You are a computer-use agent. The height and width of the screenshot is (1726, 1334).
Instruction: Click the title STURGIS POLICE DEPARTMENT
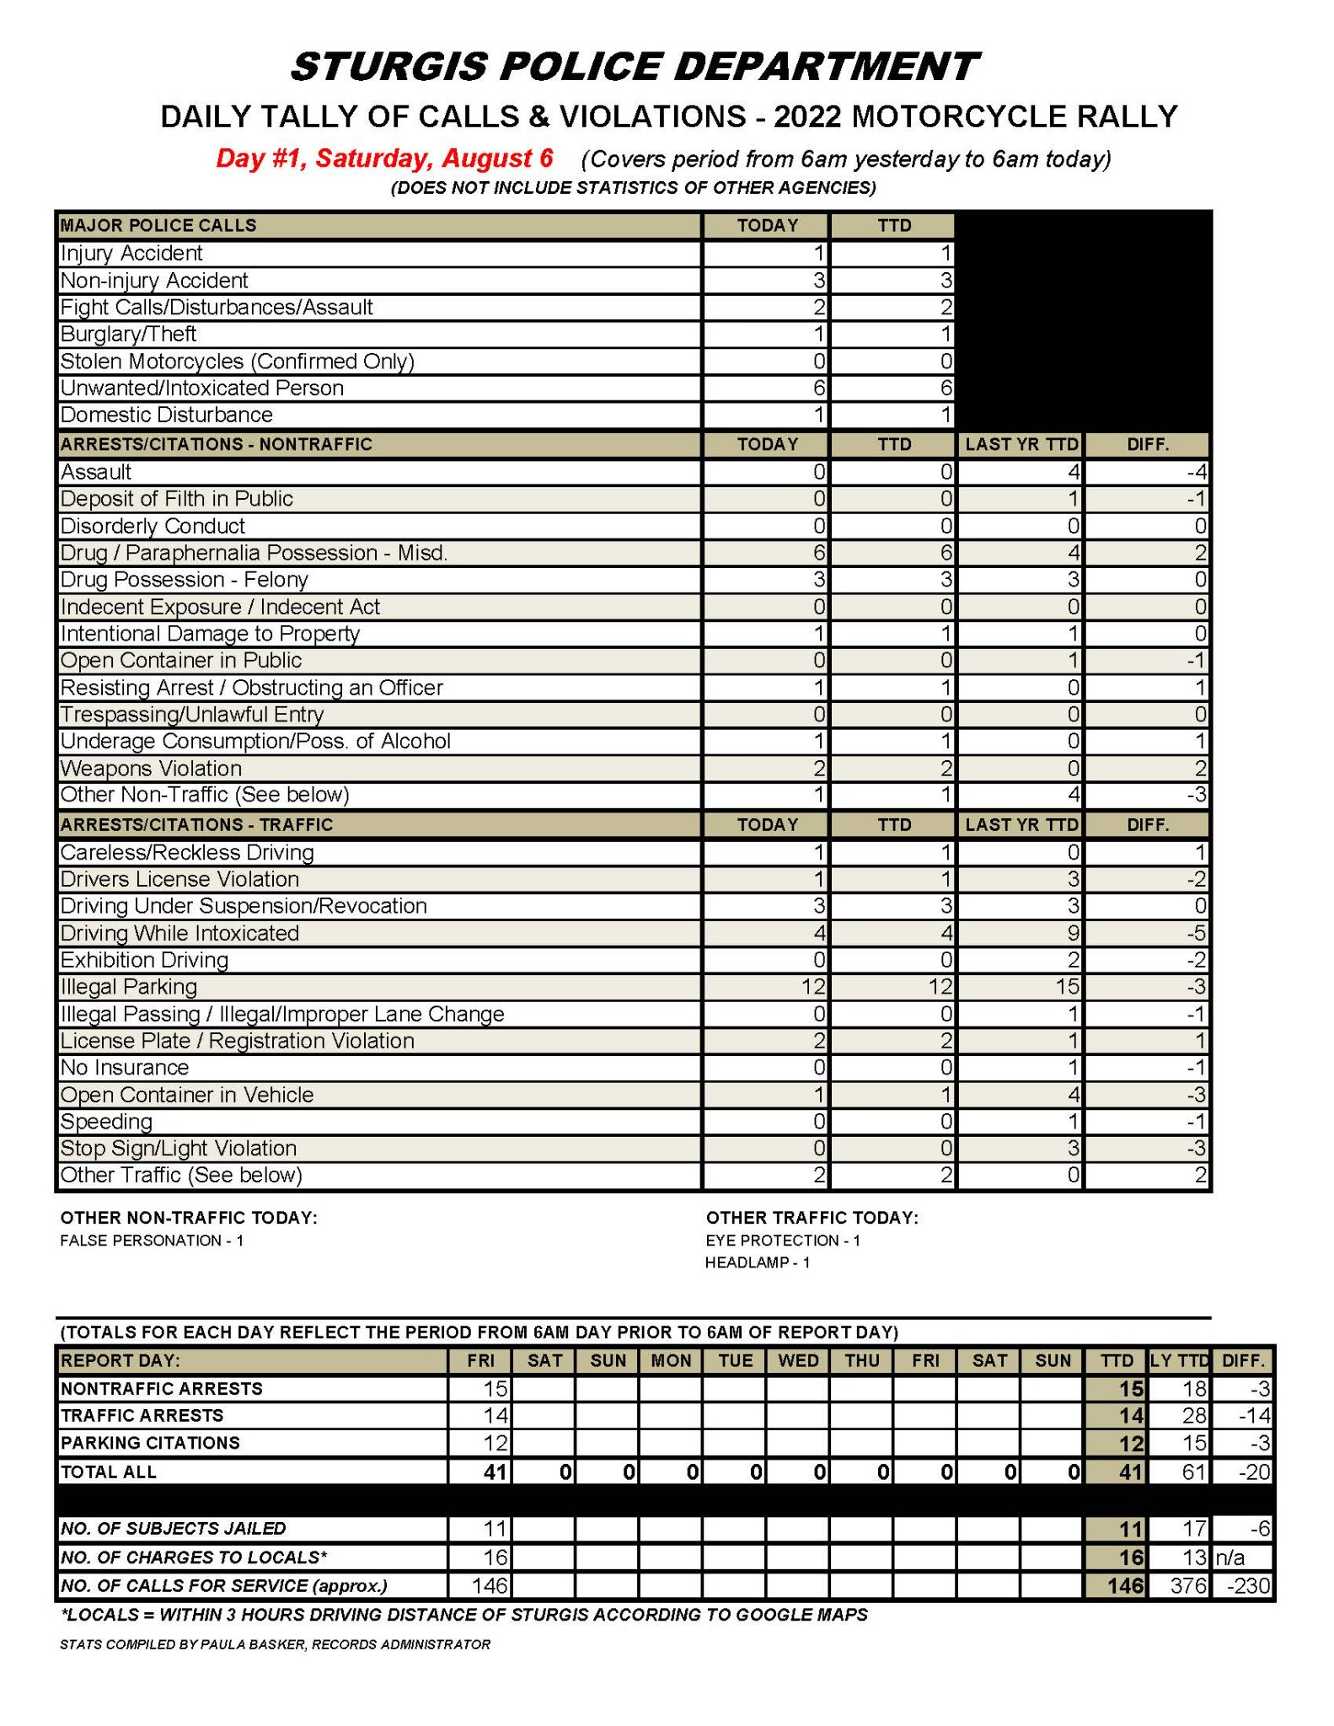point(634,67)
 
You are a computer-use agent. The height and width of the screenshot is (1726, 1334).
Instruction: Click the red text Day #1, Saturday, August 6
point(384,158)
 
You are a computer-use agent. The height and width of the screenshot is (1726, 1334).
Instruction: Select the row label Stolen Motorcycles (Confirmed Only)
point(237,362)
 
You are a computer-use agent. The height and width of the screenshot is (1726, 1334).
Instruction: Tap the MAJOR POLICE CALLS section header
point(158,226)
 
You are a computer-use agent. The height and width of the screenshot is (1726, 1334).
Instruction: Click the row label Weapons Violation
point(151,769)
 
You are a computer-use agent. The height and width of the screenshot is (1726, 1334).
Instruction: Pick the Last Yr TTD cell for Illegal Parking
point(1021,987)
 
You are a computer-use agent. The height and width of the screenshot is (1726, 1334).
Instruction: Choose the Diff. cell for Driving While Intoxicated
point(1148,933)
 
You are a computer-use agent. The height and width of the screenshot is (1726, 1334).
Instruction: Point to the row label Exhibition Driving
point(144,960)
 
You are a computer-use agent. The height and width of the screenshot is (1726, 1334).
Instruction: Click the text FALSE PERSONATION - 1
point(152,1241)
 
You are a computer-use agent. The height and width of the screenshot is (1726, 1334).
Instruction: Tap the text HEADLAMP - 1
point(757,1262)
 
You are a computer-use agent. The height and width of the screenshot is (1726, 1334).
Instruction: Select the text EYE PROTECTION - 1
point(783,1241)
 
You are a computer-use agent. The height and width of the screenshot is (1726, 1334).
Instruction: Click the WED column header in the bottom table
point(798,1361)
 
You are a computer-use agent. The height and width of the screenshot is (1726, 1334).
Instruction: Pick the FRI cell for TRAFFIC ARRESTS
point(480,1416)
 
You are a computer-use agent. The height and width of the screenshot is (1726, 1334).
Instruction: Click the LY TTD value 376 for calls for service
point(1179,1586)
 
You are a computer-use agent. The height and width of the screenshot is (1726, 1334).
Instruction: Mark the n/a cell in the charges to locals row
point(1242,1557)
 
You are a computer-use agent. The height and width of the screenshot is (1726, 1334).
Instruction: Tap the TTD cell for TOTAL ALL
point(1116,1472)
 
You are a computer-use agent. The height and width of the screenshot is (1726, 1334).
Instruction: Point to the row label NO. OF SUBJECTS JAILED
point(173,1529)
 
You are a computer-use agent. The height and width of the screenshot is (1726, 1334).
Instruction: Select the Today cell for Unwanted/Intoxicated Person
point(765,389)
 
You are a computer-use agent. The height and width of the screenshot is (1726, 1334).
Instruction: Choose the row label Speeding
point(106,1122)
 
